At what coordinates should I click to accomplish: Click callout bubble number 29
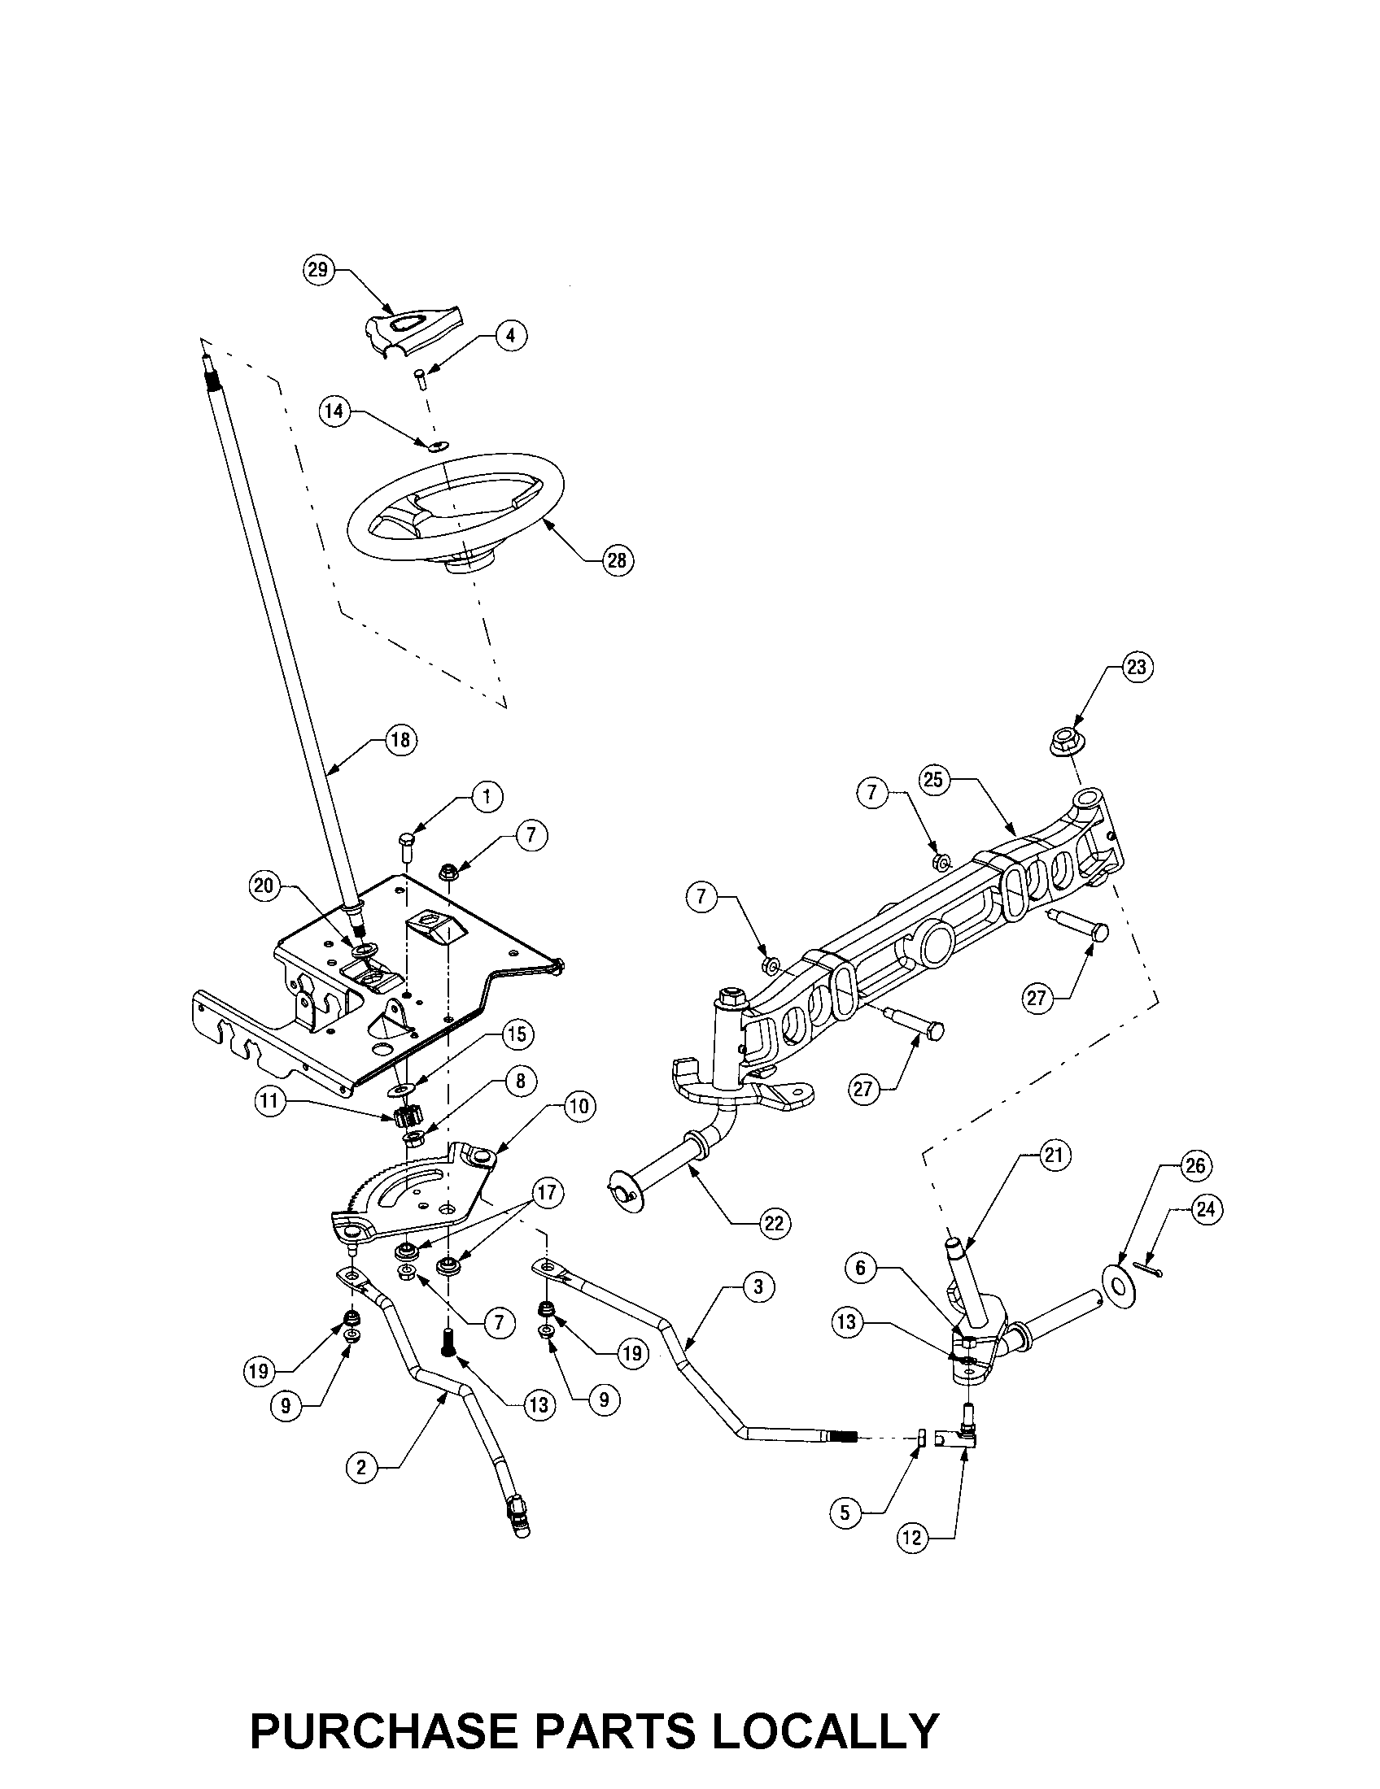(318, 269)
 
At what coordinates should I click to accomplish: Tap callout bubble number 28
(618, 559)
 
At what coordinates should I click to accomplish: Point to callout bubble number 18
(401, 740)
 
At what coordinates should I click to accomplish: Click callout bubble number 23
(1136, 667)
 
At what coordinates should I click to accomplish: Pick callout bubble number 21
(1053, 1155)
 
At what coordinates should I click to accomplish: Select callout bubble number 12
(913, 1538)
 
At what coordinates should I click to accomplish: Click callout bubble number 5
(846, 1513)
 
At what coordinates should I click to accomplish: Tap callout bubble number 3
(758, 1286)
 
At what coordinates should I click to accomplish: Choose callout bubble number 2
(361, 1467)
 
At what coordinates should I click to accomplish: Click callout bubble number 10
(578, 1106)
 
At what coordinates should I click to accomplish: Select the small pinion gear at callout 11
(407, 1117)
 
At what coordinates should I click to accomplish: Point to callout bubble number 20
(264, 886)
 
